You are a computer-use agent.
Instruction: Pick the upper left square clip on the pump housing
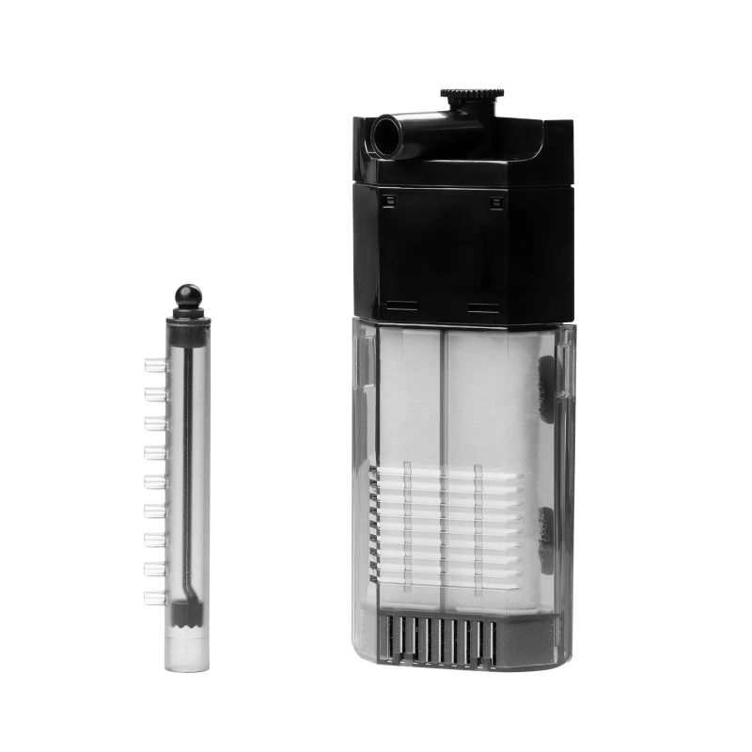[385, 199]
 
